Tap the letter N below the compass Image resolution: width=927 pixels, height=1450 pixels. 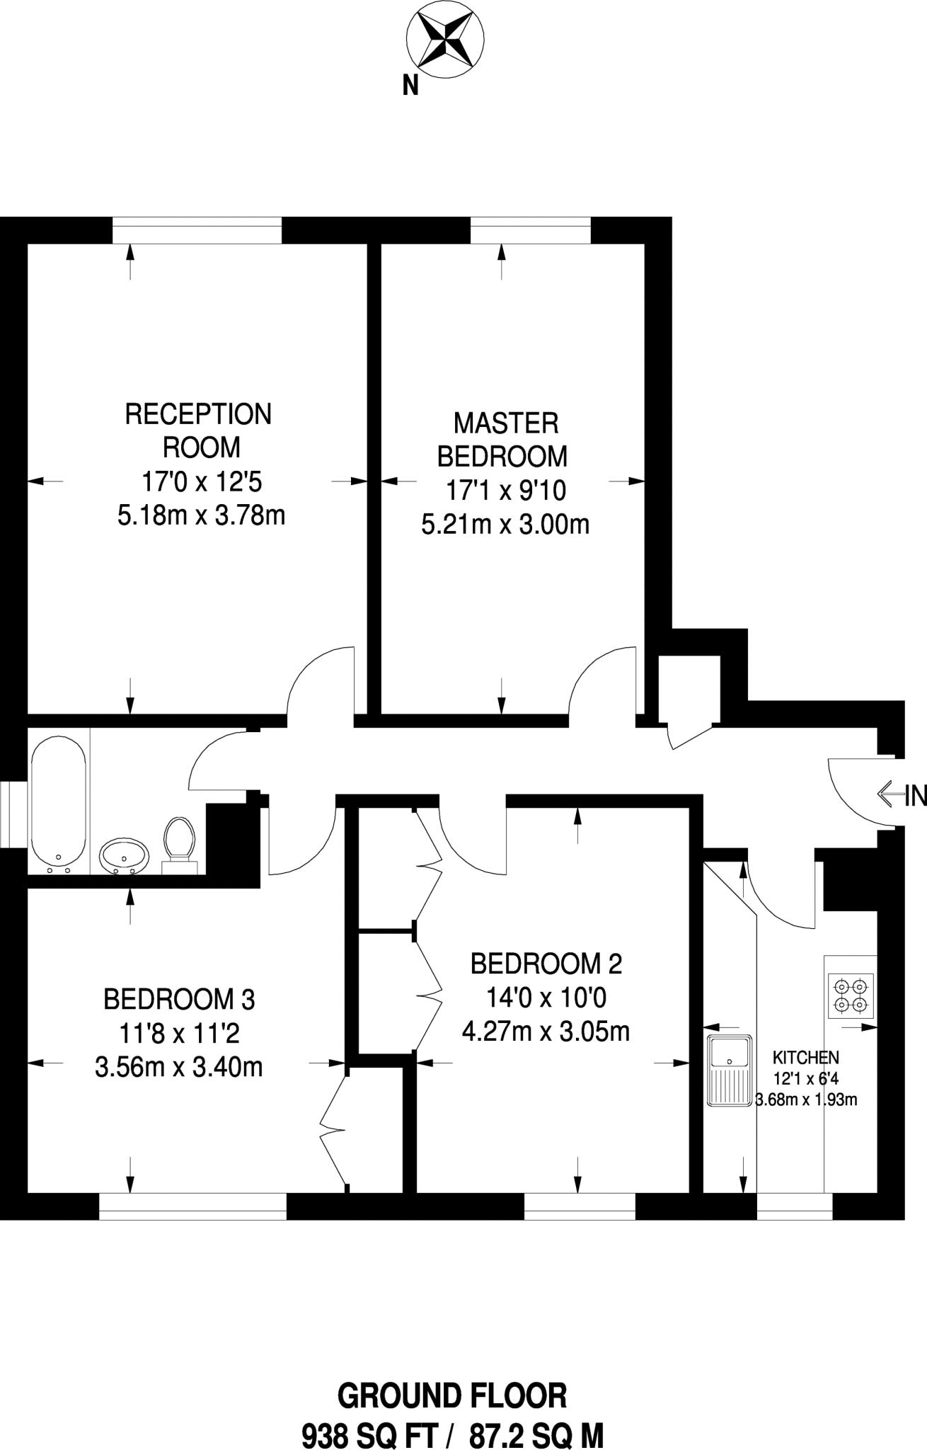click(410, 86)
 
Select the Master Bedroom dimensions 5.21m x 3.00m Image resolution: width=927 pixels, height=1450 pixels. click(505, 525)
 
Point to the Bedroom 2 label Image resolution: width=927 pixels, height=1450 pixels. click(546, 964)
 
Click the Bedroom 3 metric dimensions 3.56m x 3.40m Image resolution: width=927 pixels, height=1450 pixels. click(178, 1067)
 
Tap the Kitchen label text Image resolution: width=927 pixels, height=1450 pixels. click(805, 1058)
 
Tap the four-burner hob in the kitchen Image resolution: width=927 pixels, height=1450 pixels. click(850, 995)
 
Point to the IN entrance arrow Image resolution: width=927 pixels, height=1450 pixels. click(889, 794)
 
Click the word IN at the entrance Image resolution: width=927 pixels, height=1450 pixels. click(916, 796)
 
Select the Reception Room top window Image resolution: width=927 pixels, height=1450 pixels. click(197, 230)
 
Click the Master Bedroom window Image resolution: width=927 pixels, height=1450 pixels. click(530, 230)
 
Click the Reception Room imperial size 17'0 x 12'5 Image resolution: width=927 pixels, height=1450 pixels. click(202, 482)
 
